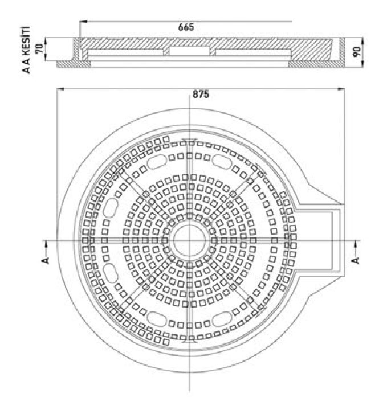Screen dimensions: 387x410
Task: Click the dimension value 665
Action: coord(186,27)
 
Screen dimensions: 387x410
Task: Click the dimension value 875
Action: coord(201,95)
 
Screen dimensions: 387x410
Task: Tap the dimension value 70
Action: coord(39,48)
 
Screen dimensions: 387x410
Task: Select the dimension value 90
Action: coord(357,52)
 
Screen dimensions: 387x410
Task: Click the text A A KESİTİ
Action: coord(26,50)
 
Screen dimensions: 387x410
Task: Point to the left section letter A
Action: coord(46,260)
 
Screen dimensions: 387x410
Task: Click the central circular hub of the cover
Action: coord(189,240)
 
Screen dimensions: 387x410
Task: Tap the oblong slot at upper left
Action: coord(157,162)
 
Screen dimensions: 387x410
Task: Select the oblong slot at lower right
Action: coord(222,319)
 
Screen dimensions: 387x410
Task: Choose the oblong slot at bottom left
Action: coord(157,319)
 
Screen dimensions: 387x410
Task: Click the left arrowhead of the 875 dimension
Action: coord(60,89)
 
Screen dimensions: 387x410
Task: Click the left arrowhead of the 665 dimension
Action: coord(83,22)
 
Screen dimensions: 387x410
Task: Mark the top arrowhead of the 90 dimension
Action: coord(362,41)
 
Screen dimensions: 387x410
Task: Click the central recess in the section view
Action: coord(189,51)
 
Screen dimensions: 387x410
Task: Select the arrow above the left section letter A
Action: coord(46,247)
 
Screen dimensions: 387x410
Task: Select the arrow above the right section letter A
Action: coord(355,247)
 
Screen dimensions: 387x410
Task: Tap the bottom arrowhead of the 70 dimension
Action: coord(46,57)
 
